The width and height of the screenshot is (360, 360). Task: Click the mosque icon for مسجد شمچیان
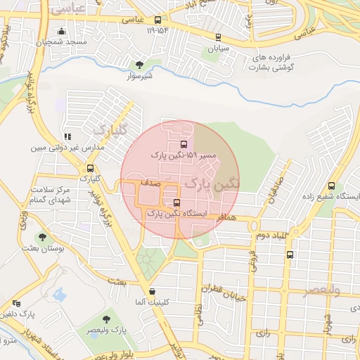coord(63,32)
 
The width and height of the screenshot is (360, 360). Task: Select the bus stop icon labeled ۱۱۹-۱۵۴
coord(157,20)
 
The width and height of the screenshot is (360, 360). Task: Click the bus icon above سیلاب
coord(218,37)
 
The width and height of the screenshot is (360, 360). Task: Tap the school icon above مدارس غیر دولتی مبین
coord(67,136)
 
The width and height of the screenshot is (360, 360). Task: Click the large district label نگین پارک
coord(211,184)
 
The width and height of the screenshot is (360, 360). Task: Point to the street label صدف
coord(150,183)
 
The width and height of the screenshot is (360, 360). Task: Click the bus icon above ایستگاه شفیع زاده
coord(331,186)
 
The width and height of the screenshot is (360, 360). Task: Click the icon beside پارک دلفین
coord(17,303)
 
